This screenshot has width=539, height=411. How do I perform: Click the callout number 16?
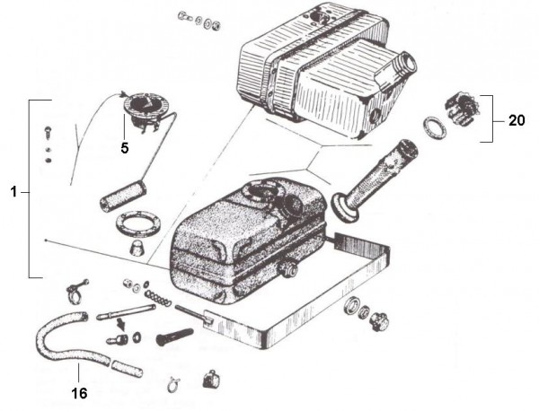click(x=78, y=392)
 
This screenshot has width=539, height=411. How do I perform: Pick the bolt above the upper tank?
click(x=186, y=16)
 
